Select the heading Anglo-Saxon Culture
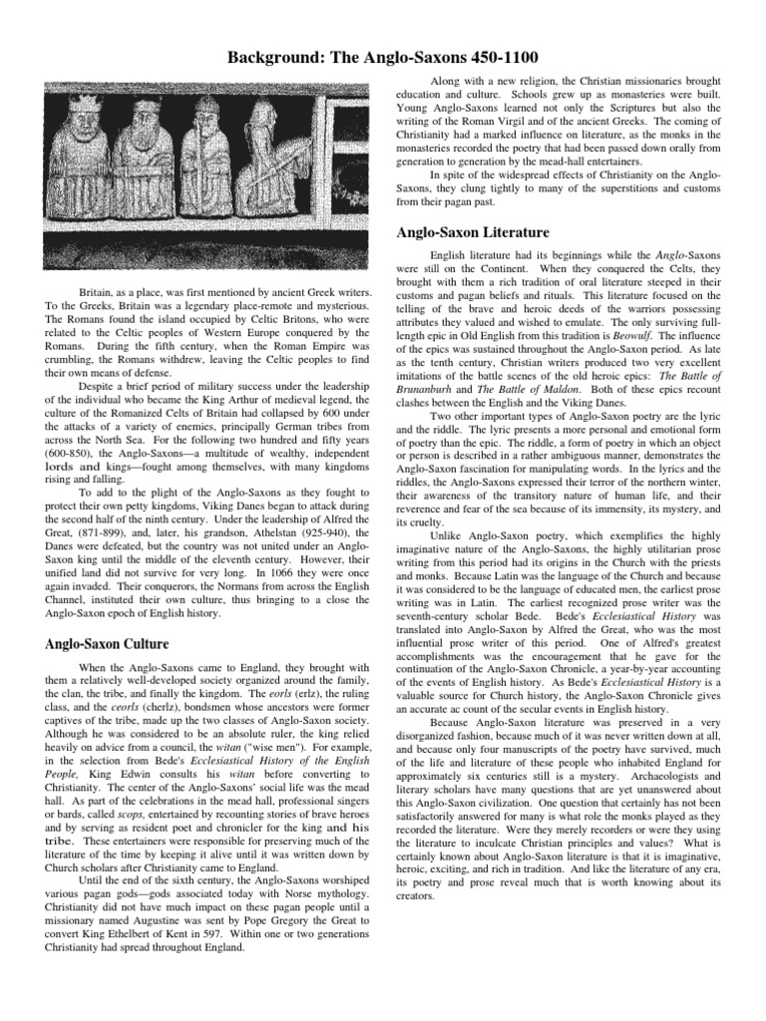click(x=108, y=643)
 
